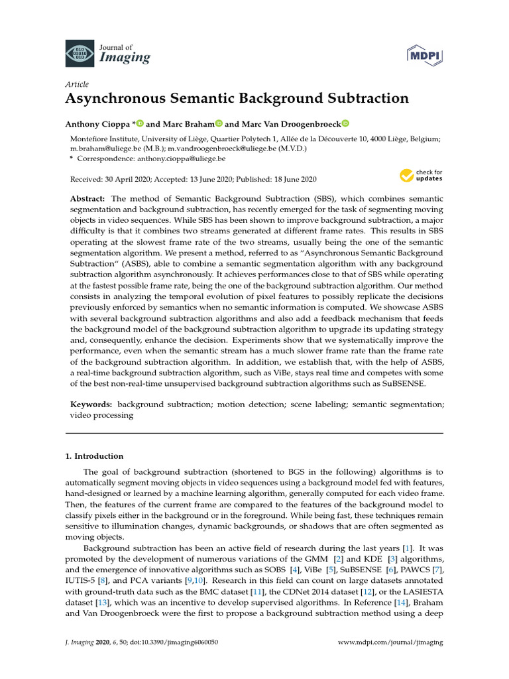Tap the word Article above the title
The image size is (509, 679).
click(x=77, y=84)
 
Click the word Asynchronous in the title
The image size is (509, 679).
click(x=116, y=99)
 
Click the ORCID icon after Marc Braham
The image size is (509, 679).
click(x=219, y=124)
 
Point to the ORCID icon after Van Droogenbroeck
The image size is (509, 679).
click(x=345, y=124)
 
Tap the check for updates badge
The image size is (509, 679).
click(x=420, y=176)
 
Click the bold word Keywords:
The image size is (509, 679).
click(x=91, y=404)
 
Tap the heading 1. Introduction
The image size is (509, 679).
click(x=94, y=456)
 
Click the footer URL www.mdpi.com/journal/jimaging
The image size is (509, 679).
click(x=390, y=642)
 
